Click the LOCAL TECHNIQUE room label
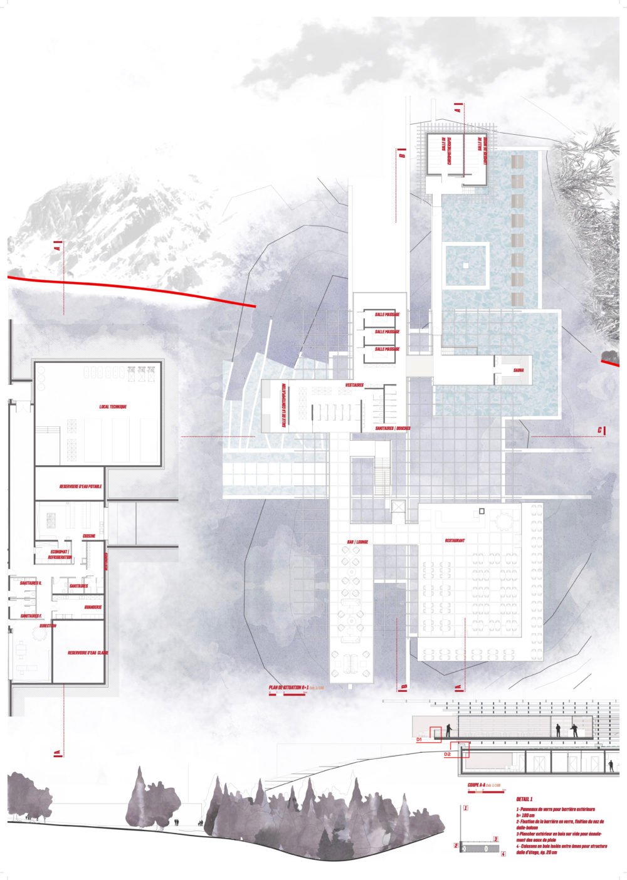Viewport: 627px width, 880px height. click(x=113, y=407)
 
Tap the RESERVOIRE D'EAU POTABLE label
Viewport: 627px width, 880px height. click(x=80, y=486)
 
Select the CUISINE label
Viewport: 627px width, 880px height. click(x=89, y=536)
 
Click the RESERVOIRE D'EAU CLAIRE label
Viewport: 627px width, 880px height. click(x=88, y=652)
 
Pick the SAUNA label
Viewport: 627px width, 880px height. click(x=519, y=370)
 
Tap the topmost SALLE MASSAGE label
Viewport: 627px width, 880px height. click(x=387, y=314)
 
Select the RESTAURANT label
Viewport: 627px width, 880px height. click(x=455, y=540)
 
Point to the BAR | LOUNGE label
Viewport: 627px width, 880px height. click(x=357, y=542)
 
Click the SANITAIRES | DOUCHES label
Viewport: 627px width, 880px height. click(x=393, y=429)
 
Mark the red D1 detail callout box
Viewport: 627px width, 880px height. click(x=436, y=733)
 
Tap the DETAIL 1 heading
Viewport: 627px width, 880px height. click(x=524, y=799)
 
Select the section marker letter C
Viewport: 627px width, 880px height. click(x=600, y=430)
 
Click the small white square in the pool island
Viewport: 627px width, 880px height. click(x=465, y=265)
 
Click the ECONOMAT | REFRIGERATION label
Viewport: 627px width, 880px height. click(x=60, y=555)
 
